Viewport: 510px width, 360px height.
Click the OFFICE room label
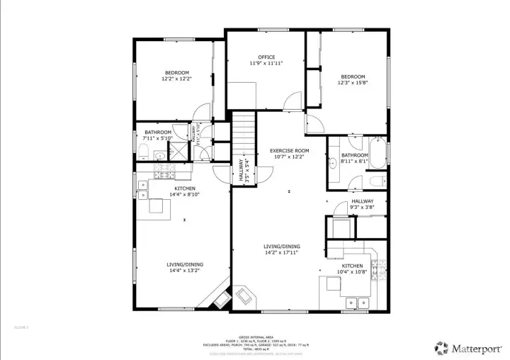[x=266, y=57]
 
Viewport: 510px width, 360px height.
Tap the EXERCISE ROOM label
[x=289, y=151]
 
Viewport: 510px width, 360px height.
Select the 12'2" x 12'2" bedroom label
[x=177, y=72]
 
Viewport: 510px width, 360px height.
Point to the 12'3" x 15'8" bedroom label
[x=352, y=77]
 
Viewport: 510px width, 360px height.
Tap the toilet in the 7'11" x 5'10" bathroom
[x=142, y=150]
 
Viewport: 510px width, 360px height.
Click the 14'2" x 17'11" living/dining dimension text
[x=282, y=252]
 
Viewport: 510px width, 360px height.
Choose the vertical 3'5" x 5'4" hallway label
[x=244, y=172]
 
